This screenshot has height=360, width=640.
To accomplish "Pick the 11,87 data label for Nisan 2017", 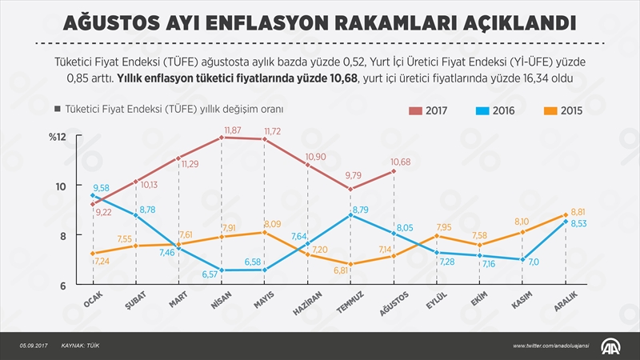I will click(233, 130).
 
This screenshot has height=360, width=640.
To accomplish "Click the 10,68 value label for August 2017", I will click(400, 162).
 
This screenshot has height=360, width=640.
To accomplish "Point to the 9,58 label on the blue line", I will click(102, 188).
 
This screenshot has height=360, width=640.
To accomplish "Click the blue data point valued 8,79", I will click(350, 215).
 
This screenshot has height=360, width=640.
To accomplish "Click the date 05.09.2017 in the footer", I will click(35, 345).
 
